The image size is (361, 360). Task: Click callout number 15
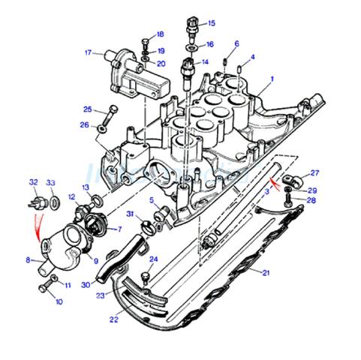point(212,23)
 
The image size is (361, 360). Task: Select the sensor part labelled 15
point(193,28)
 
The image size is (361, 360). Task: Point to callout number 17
point(88,52)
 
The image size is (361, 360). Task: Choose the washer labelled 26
point(101,129)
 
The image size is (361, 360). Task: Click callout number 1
point(272,79)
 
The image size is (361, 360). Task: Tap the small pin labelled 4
point(239,68)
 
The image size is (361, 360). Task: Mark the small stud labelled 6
point(224,61)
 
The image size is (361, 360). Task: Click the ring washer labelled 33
point(55,202)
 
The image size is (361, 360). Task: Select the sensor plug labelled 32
point(38,202)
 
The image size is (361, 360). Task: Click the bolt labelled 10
point(47,286)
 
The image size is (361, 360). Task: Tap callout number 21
point(266,272)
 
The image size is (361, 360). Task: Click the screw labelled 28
point(289,201)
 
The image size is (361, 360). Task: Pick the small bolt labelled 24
point(146,278)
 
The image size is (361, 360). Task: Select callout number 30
point(86,285)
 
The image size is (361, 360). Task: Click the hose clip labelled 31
point(147,226)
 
